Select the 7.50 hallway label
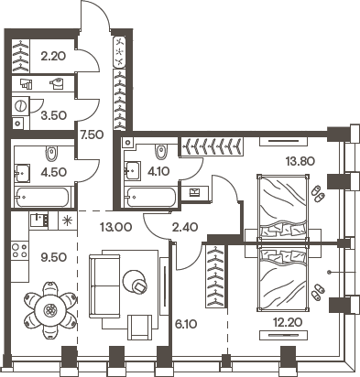pos(90,135)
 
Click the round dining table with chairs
pos(47,312)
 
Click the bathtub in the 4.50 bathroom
pos(42,196)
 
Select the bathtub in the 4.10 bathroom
pos(151,196)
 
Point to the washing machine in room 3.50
pos(20,124)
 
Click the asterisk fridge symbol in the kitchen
pos(65,221)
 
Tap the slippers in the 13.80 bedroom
pos(316,193)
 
